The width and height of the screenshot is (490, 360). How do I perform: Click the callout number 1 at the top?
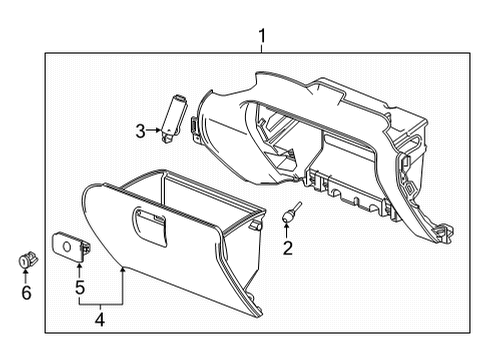[x=261, y=39]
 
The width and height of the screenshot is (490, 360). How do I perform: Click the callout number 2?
[x=287, y=248]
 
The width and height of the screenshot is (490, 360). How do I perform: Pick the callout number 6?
[x=26, y=292]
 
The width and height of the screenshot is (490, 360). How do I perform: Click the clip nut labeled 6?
[x=26, y=261]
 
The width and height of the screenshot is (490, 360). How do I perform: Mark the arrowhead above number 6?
[x=26, y=273]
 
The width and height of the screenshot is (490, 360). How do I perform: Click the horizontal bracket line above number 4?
[x=100, y=302]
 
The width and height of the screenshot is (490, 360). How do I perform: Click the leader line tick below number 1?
[x=261, y=53]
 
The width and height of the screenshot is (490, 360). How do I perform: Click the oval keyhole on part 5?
[x=67, y=243]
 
